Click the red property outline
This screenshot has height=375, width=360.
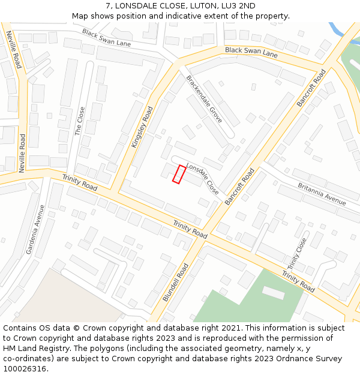[x=179, y=174]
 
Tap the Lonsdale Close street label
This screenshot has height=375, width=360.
[x=202, y=178]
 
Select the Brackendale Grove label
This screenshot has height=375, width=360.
[x=204, y=99]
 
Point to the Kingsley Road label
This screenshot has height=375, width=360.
[x=142, y=127]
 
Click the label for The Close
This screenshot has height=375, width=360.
[x=80, y=121]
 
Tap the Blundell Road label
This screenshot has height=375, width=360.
[x=175, y=281]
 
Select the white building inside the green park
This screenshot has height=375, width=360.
[x=274, y=293]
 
